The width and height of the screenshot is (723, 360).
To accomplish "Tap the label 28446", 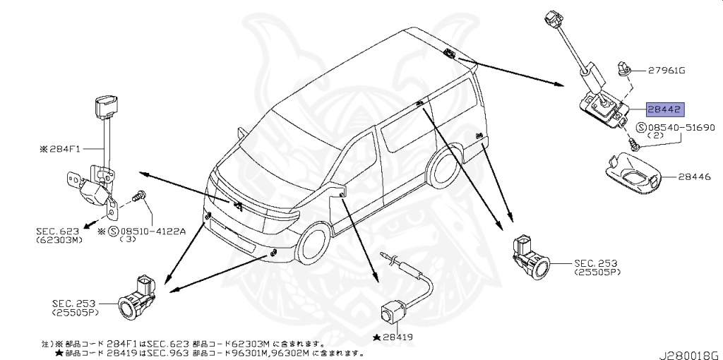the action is coord(696,179).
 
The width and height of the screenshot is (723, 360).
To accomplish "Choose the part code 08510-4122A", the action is coord(152,231).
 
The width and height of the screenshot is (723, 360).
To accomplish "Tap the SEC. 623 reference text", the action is coord(59,231).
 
